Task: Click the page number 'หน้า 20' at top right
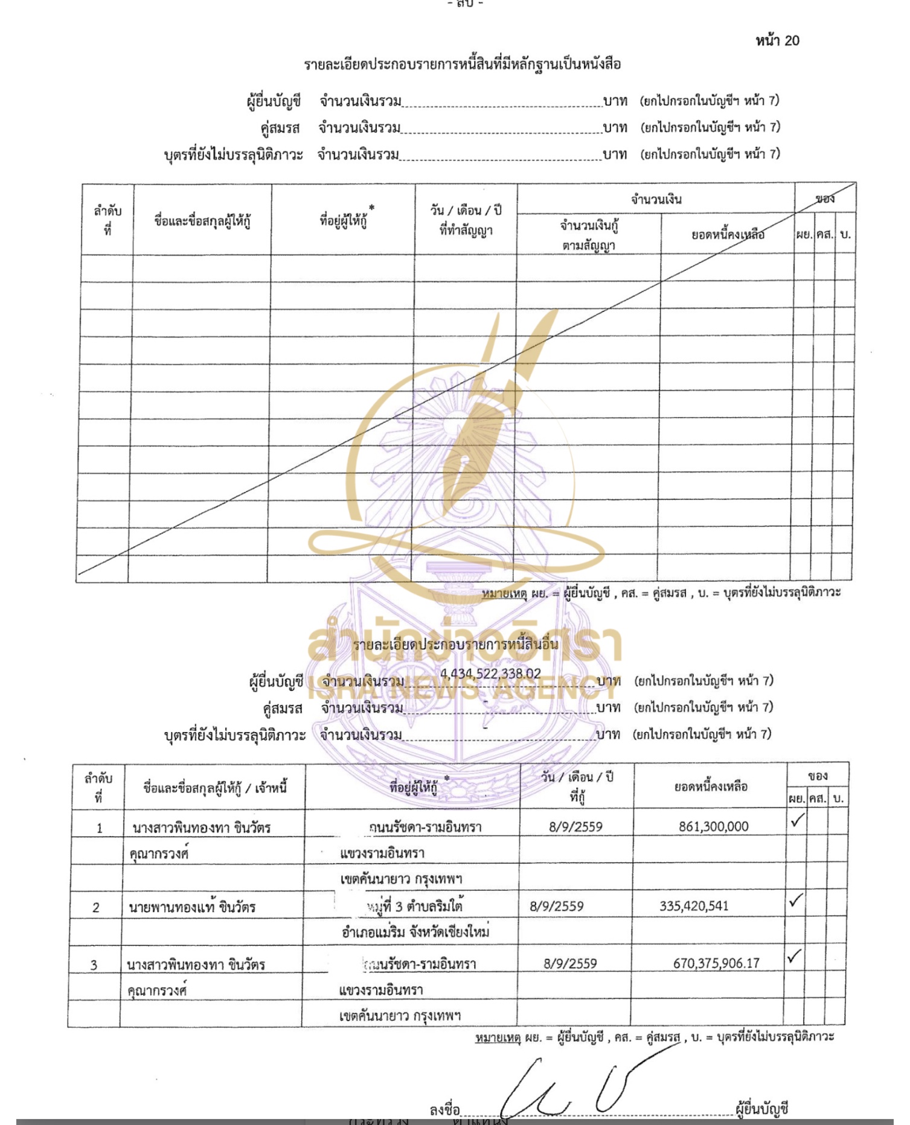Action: (x=777, y=40)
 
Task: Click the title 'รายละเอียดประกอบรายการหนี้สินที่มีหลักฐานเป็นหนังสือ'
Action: (x=462, y=64)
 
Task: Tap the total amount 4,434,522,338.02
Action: (x=490, y=674)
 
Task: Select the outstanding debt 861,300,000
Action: (x=713, y=826)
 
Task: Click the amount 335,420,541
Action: (x=694, y=906)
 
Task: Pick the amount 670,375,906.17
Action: (x=716, y=963)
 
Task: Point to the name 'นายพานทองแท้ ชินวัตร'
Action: (x=192, y=907)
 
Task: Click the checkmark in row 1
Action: (x=797, y=821)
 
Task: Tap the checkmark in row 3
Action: (x=795, y=957)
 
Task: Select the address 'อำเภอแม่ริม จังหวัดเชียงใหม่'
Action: (x=415, y=932)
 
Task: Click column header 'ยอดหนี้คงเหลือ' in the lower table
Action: (x=711, y=786)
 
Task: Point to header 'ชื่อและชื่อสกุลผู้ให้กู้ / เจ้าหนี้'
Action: (x=215, y=787)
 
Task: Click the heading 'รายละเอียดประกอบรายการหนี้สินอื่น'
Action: (x=456, y=645)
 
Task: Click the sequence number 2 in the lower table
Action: (x=96, y=908)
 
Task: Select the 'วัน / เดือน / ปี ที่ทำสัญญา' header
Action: (x=466, y=220)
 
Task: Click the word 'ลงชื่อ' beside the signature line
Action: (x=444, y=1110)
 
